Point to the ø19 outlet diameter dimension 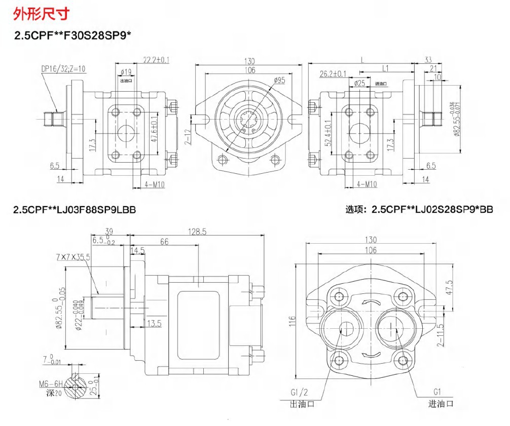[x=126, y=72]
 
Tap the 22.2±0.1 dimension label [x=156, y=60]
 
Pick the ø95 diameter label [x=279, y=80]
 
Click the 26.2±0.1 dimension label [x=333, y=74]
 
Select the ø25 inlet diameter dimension [x=360, y=83]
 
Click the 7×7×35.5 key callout [x=73, y=257]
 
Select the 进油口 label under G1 [x=440, y=404]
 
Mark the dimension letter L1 [x=385, y=67]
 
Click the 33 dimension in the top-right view [x=428, y=59]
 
